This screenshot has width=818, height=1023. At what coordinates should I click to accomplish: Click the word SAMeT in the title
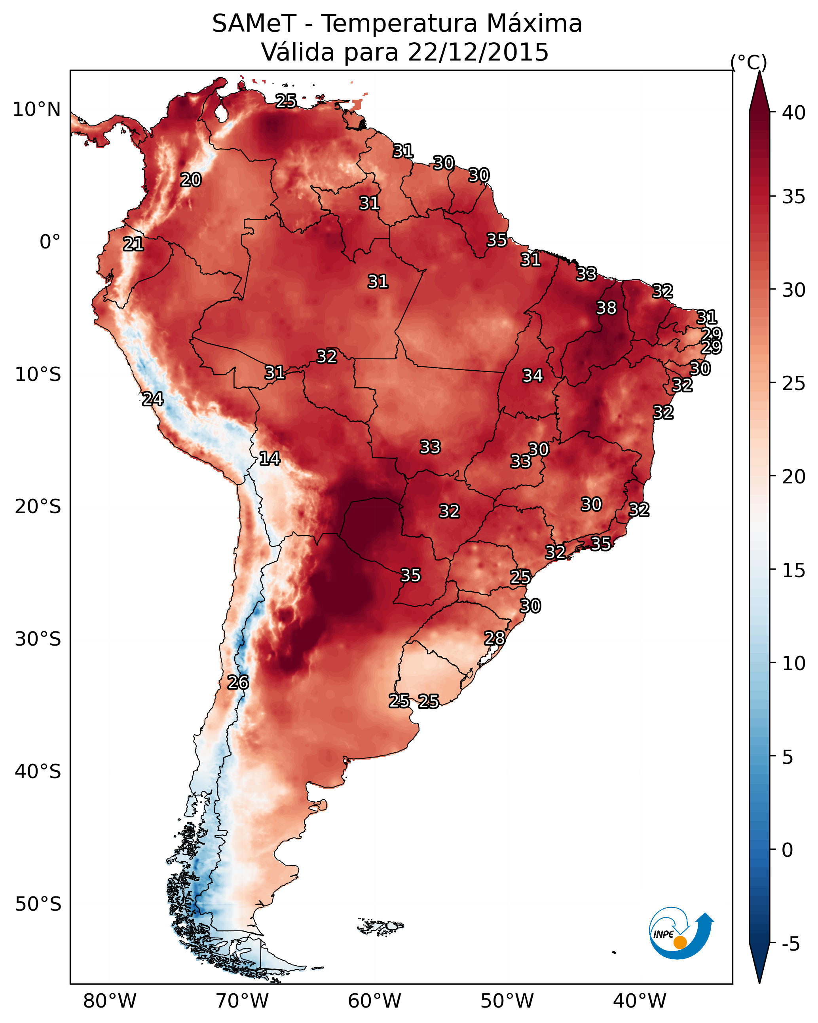point(254,24)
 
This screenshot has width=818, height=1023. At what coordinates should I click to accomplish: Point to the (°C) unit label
point(749,62)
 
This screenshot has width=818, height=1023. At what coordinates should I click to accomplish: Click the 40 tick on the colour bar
point(793,113)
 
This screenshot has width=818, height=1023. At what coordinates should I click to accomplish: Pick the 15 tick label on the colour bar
point(793,570)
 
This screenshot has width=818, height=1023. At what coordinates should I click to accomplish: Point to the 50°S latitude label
point(38,904)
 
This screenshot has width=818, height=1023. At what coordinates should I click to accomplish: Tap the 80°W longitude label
point(110,1002)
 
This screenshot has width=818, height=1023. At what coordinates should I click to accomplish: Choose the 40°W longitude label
point(640,1002)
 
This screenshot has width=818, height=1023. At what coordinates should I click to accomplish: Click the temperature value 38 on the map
point(606,308)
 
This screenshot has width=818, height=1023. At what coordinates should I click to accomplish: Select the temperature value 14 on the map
point(270,458)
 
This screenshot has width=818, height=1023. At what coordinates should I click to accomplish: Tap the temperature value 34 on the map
point(533,376)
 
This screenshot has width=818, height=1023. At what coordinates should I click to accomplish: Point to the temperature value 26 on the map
point(238,682)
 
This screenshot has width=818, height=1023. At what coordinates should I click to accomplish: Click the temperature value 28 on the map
point(494,638)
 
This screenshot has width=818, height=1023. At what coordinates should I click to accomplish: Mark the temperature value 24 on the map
point(153,399)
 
